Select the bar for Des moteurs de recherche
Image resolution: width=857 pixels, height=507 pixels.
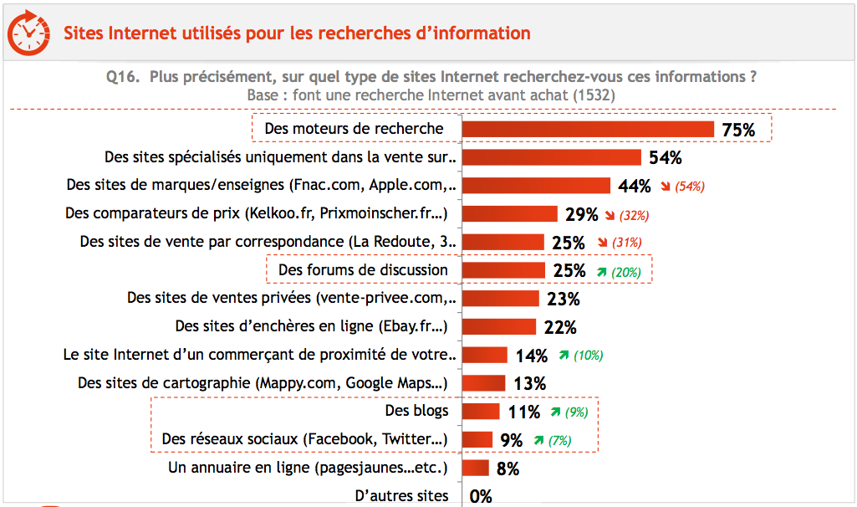click(x=588, y=129)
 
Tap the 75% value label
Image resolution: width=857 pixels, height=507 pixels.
click(x=738, y=130)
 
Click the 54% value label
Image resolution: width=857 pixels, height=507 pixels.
click(x=666, y=157)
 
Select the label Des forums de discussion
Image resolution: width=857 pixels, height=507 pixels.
click(x=363, y=269)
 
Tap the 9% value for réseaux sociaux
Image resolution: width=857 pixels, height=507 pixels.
click(x=511, y=440)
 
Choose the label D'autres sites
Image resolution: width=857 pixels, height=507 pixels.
click(x=401, y=496)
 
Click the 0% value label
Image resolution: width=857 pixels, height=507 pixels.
click(x=481, y=496)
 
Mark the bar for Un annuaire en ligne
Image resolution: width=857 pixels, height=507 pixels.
click(x=475, y=468)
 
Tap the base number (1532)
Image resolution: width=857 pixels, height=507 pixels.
click(x=594, y=95)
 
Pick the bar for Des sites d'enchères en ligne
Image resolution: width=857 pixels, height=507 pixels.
click(x=498, y=326)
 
